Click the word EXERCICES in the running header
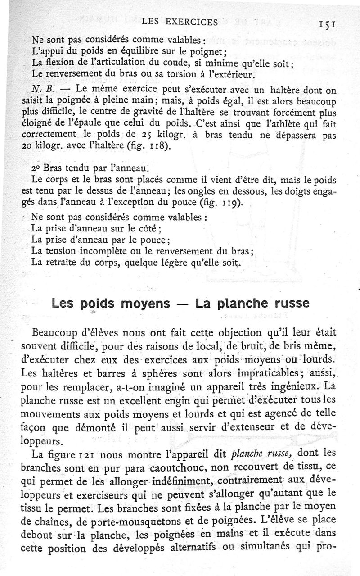point(190,21)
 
